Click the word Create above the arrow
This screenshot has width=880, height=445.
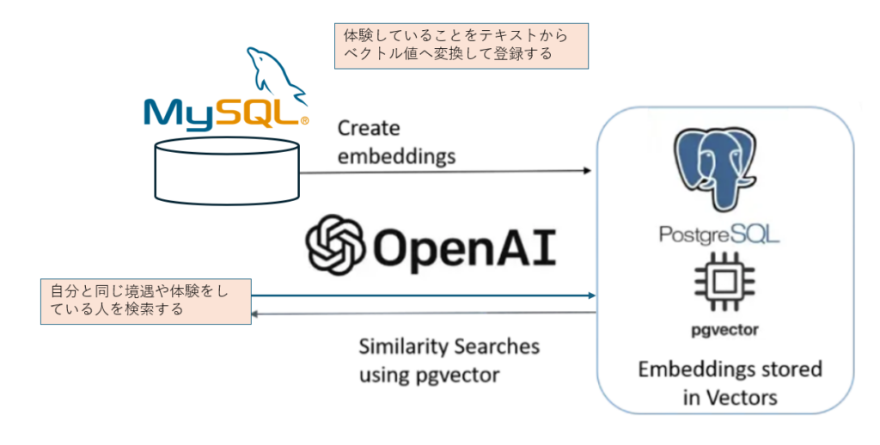tap(369, 129)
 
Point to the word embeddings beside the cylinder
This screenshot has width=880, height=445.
tap(396, 157)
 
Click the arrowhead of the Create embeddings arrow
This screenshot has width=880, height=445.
tap(589, 171)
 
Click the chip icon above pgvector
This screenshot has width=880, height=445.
tap(725, 283)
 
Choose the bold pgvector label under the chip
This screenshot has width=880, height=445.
tap(725, 329)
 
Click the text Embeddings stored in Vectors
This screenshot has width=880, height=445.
tap(730, 383)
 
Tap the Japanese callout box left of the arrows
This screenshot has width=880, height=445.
tap(145, 301)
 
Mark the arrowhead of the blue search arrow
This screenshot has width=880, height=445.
tap(591, 296)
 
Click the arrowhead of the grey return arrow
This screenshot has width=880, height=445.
tap(255, 314)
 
